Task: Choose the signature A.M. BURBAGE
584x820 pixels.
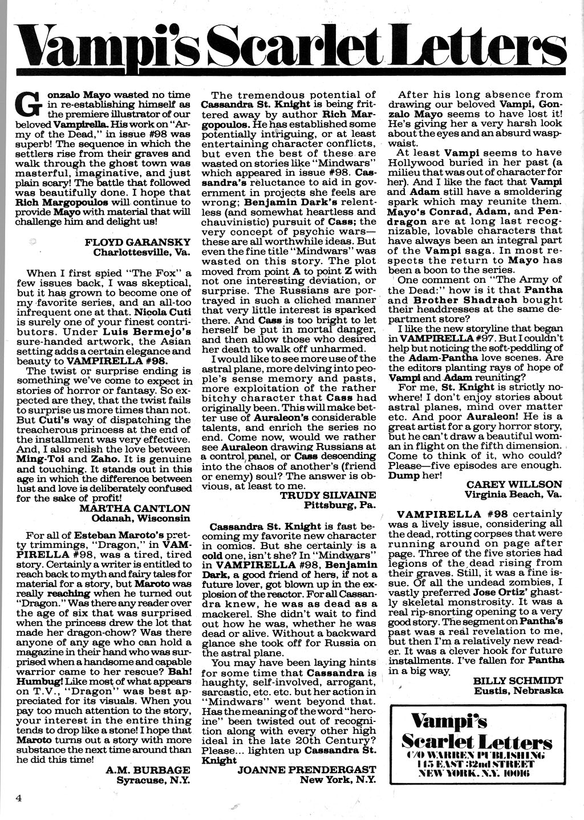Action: click(148, 769)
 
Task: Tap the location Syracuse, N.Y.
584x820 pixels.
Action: click(153, 780)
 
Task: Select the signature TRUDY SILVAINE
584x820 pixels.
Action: click(328, 495)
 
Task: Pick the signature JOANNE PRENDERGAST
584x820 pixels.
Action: click(307, 769)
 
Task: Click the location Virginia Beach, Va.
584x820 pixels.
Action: click(513, 494)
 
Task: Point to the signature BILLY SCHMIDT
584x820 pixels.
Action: click(518, 680)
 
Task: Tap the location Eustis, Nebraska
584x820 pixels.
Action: click(518, 691)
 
